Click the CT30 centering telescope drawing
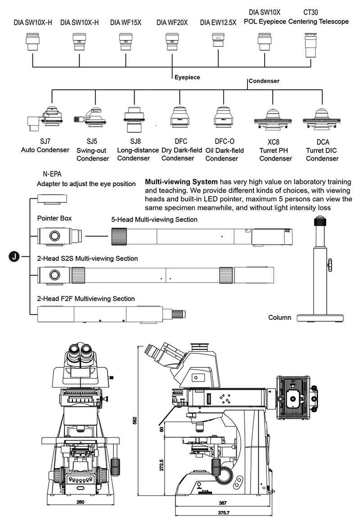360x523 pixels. point(310,45)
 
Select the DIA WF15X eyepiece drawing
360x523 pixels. point(126,42)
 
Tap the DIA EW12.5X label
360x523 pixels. point(218,22)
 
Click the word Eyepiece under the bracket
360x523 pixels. point(187,77)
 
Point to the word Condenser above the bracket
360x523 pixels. point(264,81)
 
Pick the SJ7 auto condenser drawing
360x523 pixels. point(45,119)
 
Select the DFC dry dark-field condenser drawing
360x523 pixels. point(180,117)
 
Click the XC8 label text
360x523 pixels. point(273,142)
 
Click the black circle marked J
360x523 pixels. point(14,256)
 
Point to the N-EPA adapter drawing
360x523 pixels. point(52,199)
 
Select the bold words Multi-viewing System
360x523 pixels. point(181,182)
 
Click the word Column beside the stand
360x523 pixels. point(279,317)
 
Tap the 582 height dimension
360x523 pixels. point(135,420)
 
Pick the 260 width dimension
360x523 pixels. point(81,502)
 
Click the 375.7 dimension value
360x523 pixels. point(224,513)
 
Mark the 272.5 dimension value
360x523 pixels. point(162,465)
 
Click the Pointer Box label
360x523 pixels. point(54,219)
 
